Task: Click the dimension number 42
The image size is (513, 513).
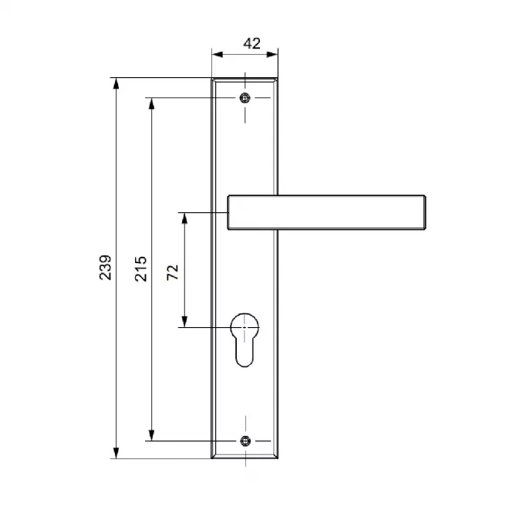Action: tap(251, 43)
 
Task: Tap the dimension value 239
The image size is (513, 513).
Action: tap(106, 267)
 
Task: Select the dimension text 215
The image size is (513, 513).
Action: tap(140, 269)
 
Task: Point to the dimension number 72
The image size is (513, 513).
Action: tap(173, 272)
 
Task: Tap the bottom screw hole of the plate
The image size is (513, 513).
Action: tap(245, 440)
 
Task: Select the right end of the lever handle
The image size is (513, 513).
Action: tap(425, 212)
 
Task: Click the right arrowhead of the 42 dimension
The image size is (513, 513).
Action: tap(272, 54)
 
